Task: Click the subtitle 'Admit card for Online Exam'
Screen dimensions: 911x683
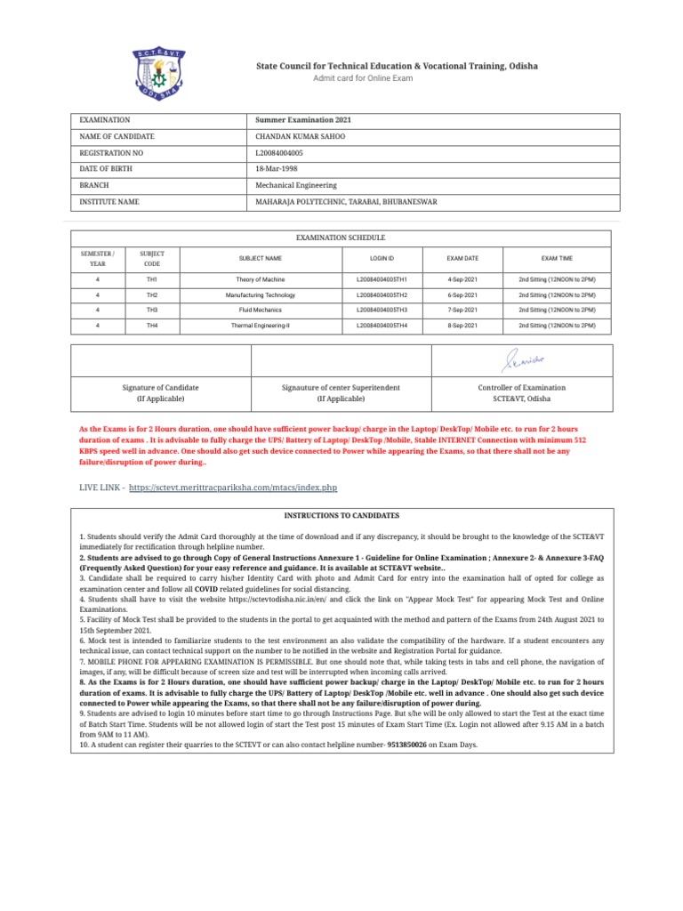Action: point(363,78)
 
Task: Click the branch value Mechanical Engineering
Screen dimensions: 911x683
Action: point(296,186)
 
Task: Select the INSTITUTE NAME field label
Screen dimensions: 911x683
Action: point(109,202)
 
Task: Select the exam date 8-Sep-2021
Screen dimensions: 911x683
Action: point(462,327)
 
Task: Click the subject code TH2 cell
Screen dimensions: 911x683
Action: point(152,294)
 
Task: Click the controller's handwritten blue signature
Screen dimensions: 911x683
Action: point(519,360)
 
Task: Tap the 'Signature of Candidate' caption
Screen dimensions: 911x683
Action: point(160,388)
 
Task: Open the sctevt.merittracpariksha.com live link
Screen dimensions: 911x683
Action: point(233,488)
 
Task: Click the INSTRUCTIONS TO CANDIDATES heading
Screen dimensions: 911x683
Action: point(341,516)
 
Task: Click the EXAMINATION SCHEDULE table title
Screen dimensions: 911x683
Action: point(341,238)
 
